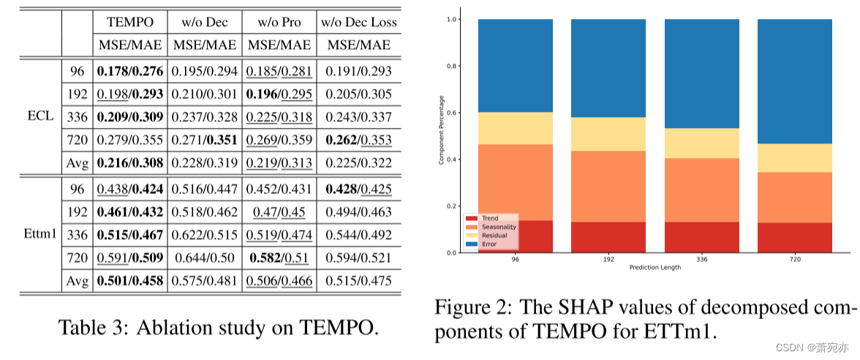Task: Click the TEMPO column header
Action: [x=129, y=21]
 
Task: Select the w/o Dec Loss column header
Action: [x=359, y=21]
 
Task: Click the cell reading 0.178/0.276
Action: [x=130, y=71]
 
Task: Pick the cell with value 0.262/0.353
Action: [x=359, y=140]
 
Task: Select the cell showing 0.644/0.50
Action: [x=205, y=258]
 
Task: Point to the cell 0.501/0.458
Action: [x=130, y=282]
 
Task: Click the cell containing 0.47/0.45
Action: [x=280, y=212]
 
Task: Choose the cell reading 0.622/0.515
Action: [x=205, y=235]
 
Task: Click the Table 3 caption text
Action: [x=218, y=327]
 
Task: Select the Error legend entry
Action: [x=488, y=244]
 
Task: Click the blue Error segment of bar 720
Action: [x=795, y=80]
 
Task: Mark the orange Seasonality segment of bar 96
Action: [x=515, y=182]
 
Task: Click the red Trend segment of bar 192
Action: [x=608, y=237]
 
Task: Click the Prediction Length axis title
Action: [x=655, y=267]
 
